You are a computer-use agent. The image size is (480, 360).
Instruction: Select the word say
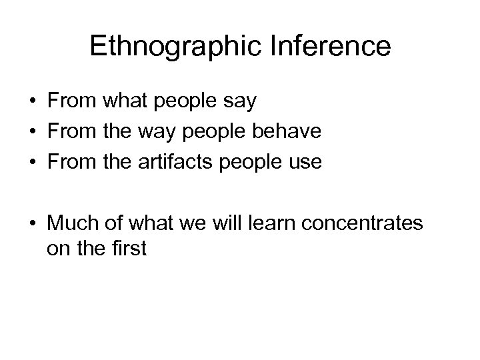point(241,103)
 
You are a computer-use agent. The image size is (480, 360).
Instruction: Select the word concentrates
point(365,223)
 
